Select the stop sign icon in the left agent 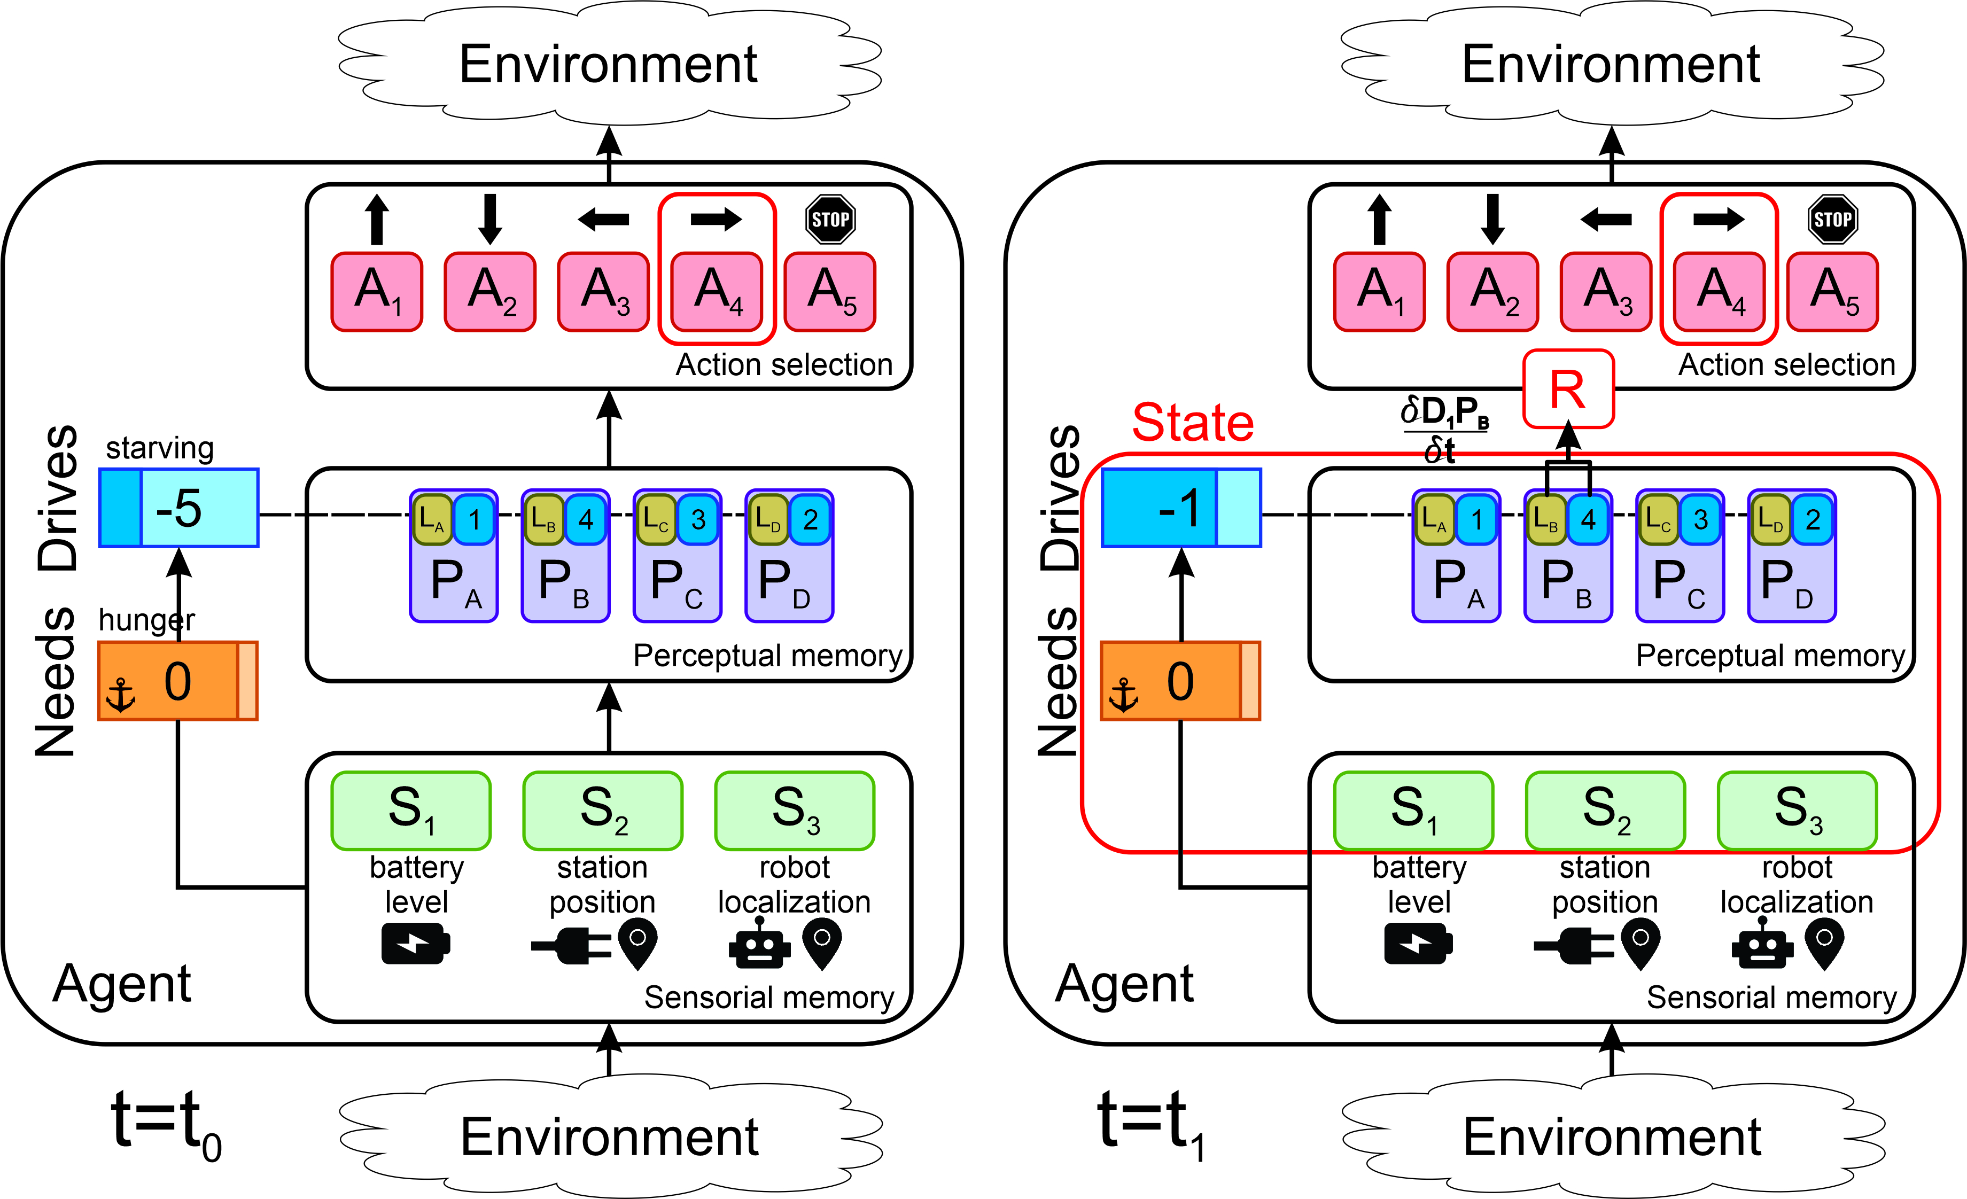click(x=830, y=220)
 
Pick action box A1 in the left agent click(x=377, y=291)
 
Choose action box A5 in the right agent click(x=1833, y=291)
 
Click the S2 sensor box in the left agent click(x=603, y=810)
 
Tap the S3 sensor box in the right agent click(x=1798, y=810)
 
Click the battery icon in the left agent click(x=416, y=944)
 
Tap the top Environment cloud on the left click(x=609, y=64)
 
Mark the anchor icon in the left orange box click(x=121, y=695)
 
